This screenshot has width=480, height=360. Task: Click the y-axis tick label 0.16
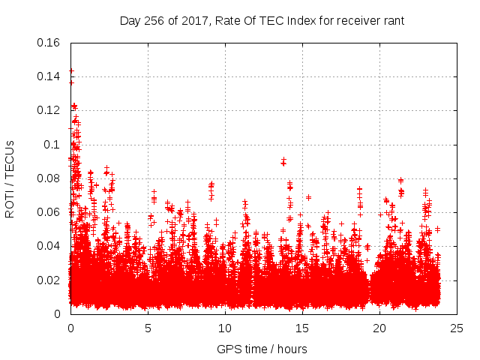click(49, 43)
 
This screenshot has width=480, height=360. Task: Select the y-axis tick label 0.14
click(49, 76)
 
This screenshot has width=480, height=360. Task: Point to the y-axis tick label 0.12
click(49, 110)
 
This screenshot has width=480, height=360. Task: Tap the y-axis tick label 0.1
click(52, 144)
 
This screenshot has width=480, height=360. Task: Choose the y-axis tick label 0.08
click(49, 178)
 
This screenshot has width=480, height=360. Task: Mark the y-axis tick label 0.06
click(49, 212)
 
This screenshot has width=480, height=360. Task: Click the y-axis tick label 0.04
click(49, 246)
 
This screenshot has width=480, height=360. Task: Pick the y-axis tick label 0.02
click(49, 280)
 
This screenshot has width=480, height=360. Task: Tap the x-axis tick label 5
click(148, 328)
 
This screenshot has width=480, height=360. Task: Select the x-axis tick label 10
click(225, 328)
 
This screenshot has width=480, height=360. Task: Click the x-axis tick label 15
click(302, 328)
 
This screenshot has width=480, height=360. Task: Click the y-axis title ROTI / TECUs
click(10, 178)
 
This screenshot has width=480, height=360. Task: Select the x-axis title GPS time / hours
click(262, 349)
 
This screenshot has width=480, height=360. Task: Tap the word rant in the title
click(393, 21)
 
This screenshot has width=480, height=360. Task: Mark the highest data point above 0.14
click(71, 71)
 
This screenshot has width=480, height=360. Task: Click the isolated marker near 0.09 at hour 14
click(283, 161)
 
